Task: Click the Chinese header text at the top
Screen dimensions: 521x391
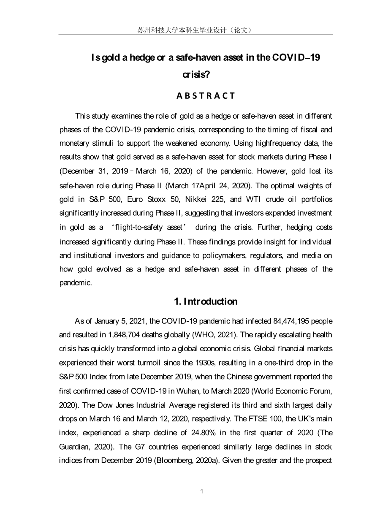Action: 195,30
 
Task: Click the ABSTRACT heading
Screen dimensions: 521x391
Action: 206,96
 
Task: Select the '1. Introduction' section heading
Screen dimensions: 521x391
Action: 206,301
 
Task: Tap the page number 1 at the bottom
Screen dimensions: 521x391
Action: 202,491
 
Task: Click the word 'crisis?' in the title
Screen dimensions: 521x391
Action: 196,75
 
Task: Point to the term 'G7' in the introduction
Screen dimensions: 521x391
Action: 137,447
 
